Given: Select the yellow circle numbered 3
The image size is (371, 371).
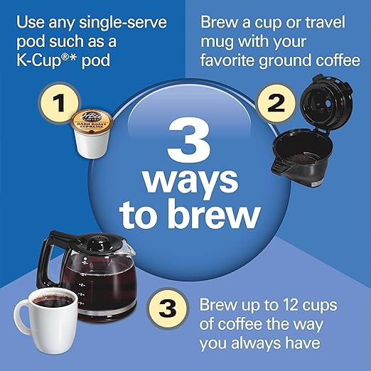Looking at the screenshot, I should (x=165, y=310).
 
